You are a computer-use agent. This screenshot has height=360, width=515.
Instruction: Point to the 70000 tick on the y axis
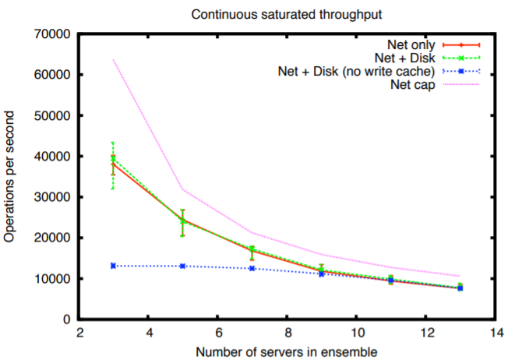51,34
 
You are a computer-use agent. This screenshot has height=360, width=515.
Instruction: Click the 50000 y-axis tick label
51,115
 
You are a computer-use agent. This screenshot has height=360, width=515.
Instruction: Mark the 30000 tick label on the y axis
51,197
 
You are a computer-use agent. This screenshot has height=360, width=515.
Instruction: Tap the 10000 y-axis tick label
51,278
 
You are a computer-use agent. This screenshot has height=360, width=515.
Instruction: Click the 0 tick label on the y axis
66,319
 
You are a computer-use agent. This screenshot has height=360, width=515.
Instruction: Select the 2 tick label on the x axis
79,331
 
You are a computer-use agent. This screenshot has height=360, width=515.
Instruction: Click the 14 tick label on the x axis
495,331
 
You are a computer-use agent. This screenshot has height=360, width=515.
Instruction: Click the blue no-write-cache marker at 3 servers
113,266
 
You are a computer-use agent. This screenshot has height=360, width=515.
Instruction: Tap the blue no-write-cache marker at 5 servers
182,266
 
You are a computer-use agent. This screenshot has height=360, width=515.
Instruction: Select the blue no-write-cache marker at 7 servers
252,268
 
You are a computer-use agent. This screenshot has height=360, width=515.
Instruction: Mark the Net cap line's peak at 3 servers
113,60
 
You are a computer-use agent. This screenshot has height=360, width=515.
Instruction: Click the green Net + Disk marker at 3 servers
113,158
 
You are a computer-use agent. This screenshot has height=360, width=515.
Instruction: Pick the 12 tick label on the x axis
425,331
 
